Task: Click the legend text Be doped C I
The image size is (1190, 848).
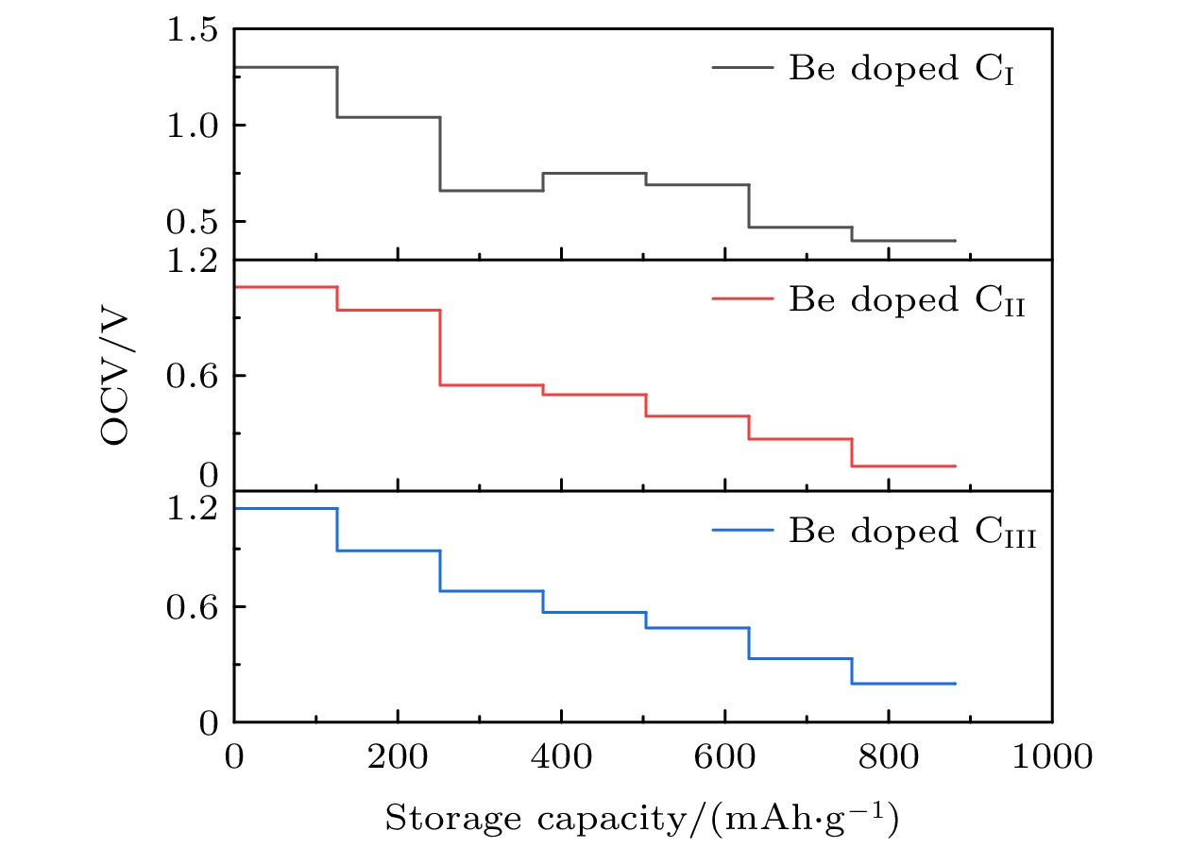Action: tap(902, 70)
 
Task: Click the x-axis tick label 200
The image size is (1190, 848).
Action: tap(398, 756)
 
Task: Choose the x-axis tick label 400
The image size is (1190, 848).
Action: tap(561, 756)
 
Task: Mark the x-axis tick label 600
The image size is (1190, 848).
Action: tap(724, 756)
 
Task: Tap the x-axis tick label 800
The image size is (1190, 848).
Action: tap(888, 756)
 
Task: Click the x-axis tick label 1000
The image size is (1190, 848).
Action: tap(1051, 756)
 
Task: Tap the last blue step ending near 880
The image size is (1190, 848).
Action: tap(904, 683)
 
